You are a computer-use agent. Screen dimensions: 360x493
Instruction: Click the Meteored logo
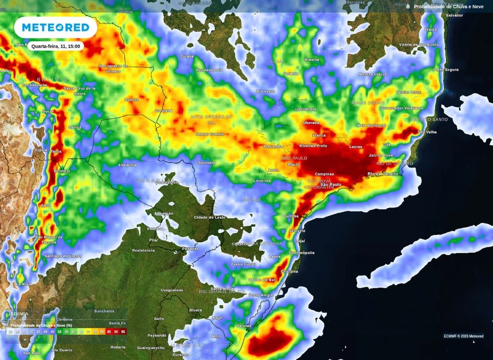click(55, 28)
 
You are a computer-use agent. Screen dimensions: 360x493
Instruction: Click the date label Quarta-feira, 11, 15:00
click(56, 46)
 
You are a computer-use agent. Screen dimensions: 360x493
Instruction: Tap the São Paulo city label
click(331, 184)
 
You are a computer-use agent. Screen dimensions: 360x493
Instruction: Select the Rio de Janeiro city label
click(383, 173)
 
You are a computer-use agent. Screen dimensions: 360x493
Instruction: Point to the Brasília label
click(311, 60)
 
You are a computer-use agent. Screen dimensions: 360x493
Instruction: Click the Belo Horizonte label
click(372, 125)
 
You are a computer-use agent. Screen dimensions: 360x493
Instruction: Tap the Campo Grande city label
click(209, 134)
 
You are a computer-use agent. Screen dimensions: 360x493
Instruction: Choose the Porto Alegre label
click(261, 295)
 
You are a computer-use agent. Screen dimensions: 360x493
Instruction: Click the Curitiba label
click(291, 216)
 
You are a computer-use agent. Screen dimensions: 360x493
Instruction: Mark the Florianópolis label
click(302, 252)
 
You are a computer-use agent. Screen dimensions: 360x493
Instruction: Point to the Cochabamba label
click(33, 85)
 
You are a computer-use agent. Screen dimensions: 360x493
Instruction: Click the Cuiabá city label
click(186, 56)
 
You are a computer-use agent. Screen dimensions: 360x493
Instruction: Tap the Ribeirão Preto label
click(313, 145)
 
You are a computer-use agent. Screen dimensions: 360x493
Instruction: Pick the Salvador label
click(454, 15)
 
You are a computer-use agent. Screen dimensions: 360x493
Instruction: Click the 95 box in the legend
click(124, 332)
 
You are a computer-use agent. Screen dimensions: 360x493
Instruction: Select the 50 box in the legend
click(60, 332)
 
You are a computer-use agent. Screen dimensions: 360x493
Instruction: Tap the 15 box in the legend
click(10, 332)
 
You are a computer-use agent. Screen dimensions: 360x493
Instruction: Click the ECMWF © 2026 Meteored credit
click(463, 336)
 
